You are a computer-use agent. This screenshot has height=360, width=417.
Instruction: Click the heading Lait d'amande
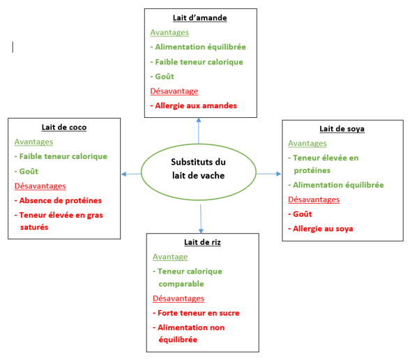point(199,18)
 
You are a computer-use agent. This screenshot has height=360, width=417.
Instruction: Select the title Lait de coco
point(64,127)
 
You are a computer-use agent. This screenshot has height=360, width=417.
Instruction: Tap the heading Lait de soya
point(342,129)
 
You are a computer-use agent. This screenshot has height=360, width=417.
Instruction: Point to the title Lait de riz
point(202,242)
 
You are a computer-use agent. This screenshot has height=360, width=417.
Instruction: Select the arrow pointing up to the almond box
point(199,130)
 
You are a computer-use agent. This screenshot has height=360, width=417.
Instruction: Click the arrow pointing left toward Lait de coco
point(131,174)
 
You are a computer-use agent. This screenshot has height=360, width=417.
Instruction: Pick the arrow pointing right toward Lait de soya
point(269,174)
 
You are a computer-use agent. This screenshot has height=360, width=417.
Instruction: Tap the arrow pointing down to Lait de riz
point(201,219)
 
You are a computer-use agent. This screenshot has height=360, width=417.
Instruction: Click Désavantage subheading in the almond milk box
point(174,91)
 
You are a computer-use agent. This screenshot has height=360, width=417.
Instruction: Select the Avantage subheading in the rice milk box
point(170,257)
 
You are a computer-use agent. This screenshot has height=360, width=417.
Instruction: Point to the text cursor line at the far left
point(13,47)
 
